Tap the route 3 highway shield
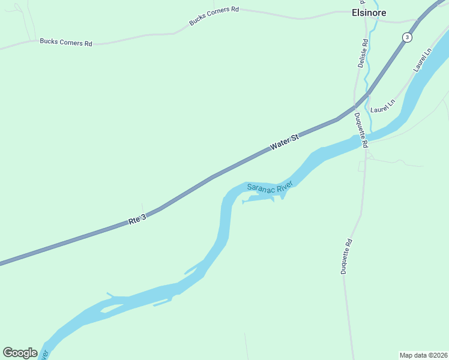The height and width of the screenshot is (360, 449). (x=408, y=37)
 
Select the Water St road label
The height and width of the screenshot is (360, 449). (x=284, y=143)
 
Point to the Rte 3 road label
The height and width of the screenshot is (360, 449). (x=137, y=220)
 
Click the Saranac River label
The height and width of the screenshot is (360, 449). (x=270, y=187)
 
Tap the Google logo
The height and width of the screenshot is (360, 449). (x=20, y=353)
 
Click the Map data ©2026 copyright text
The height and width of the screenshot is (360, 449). (x=423, y=355)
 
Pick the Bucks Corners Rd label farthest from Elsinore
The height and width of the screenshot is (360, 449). (x=66, y=42)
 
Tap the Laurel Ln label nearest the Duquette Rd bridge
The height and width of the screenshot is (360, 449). (x=382, y=106)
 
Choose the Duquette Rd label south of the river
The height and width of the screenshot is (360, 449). (x=346, y=256)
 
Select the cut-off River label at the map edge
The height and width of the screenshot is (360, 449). (x=43, y=355)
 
